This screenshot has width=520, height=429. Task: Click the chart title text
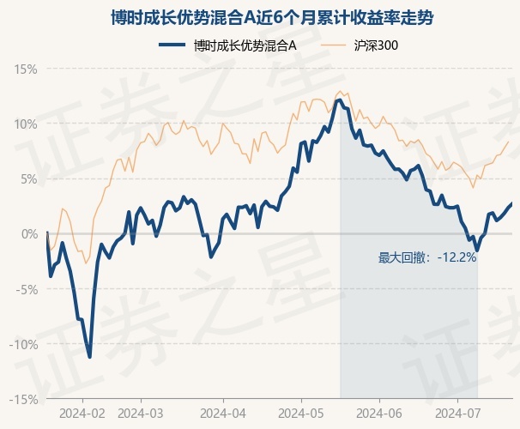272,17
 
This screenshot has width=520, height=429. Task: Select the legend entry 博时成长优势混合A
227,45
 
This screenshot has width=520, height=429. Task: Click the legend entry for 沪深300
360,45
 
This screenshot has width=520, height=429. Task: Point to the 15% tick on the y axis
25,69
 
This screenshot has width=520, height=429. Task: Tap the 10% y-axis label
25,124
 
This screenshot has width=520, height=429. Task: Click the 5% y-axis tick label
29,179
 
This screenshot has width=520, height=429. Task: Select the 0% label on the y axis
29,234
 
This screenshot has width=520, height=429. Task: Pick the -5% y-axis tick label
27,289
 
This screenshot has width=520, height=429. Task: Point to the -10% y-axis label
23,344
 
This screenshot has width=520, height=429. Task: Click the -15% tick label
23,400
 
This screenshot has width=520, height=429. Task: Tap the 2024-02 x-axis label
82,414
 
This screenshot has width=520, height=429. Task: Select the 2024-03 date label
141,414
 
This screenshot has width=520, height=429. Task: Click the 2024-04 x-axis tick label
223,414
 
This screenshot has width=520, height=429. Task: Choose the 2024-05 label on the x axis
301,414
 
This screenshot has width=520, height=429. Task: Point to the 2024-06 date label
379,414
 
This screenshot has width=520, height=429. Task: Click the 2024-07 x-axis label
457,414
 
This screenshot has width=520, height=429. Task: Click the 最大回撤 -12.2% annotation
427,257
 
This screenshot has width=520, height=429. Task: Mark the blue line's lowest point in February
89,357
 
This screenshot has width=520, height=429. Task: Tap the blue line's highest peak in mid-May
339,100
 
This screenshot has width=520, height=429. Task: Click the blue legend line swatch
172,45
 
